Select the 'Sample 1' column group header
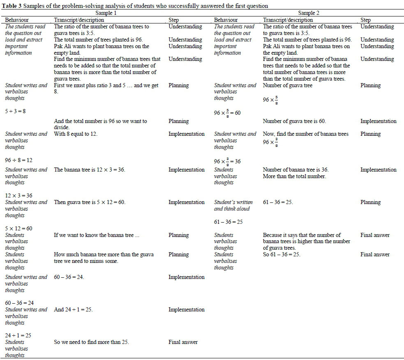pos(106,13)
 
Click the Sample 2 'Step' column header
pos(365,20)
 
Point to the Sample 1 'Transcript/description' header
pos(79,20)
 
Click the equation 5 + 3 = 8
pos(15,111)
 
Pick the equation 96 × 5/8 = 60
pos(227,112)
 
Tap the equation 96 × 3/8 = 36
pos(227,161)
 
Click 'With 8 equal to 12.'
pos(76,134)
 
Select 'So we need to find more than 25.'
pos(92,342)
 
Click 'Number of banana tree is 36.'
pos(295,170)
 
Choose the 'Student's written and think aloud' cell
pos(233,205)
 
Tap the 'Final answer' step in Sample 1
pos(183,342)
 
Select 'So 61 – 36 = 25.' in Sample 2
pos(282,254)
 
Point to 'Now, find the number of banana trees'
pos(305,134)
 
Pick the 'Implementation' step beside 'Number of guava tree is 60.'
pos(378,121)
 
